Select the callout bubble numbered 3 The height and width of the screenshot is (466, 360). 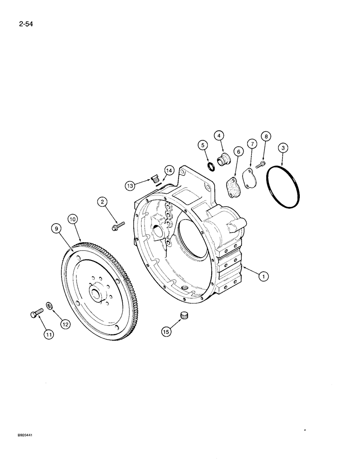coord(281,149)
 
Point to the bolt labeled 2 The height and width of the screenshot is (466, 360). coord(117,226)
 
